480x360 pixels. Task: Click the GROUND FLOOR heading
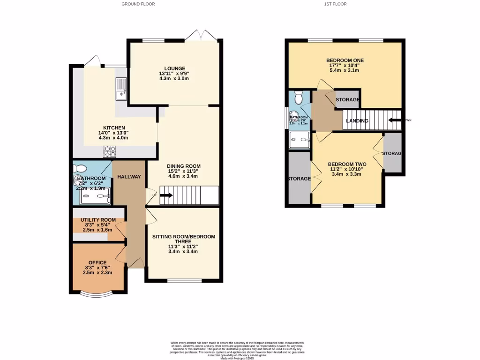click(x=138, y=4)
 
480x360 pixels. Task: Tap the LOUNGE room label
click(x=174, y=68)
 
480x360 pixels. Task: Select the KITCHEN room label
click(x=114, y=127)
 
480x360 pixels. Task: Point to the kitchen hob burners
click(x=110, y=151)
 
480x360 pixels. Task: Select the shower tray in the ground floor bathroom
click(x=95, y=196)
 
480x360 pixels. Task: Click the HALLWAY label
click(x=129, y=177)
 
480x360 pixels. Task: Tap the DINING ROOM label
click(x=184, y=166)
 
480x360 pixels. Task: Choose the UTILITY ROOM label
click(x=98, y=220)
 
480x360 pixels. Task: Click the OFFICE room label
click(x=97, y=262)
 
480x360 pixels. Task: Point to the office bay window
click(x=96, y=294)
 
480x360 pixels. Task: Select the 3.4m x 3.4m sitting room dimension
click(x=183, y=252)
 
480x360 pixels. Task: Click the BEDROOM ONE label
click(x=345, y=60)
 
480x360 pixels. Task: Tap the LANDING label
click(x=357, y=121)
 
